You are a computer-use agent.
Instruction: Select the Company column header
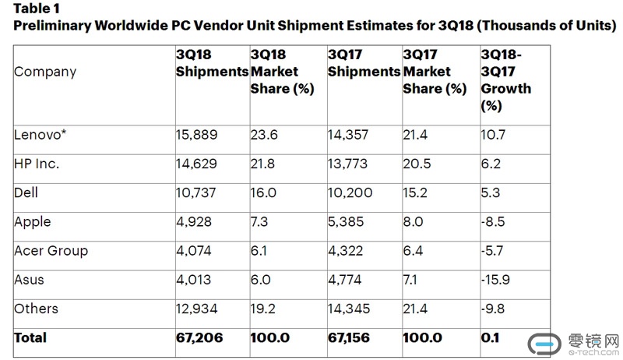tap(45, 72)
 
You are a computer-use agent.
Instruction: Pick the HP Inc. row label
tap(37, 164)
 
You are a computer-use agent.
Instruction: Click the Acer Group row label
tap(51, 250)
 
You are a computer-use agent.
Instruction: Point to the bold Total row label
tap(30, 337)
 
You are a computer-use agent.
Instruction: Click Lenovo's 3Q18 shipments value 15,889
tap(196, 134)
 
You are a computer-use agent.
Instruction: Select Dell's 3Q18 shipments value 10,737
tap(196, 192)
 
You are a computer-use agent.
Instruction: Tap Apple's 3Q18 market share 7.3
tap(260, 221)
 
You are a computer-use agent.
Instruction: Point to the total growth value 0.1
tap(491, 337)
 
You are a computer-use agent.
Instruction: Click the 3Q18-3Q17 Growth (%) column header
tap(506, 80)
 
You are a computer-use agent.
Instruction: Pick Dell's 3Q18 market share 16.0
tap(263, 192)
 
